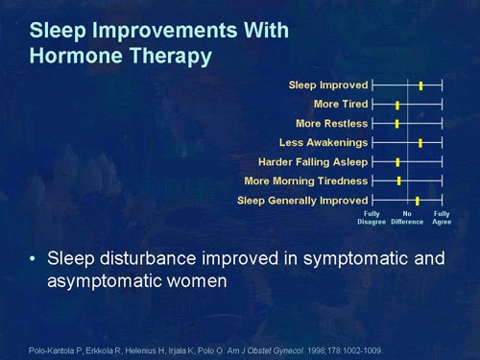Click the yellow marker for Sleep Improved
click(420, 85)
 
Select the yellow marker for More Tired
click(397, 105)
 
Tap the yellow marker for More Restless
click(396, 124)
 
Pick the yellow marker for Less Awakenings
click(420, 142)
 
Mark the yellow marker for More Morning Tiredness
click(399, 180)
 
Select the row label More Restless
click(331, 123)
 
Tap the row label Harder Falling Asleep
click(312, 161)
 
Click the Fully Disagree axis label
click(372, 218)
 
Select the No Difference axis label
click(407, 218)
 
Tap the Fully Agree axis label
click(442, 218)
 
